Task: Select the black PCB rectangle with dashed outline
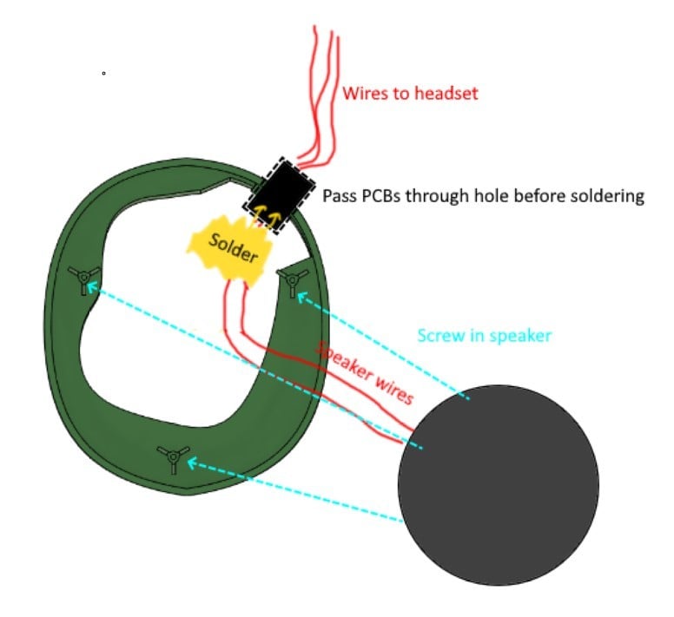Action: [x=279, y=195]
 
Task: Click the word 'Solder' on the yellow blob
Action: [x=234, y=247]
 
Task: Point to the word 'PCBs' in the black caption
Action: [x=381, y=196]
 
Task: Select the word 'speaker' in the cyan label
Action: [x=520, y=336]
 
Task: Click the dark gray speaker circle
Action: [x=499, y=485]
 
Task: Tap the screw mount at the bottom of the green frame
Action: [x=173, y=457]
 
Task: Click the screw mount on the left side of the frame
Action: [x=84, y=279]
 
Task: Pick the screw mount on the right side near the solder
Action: [x=293, y=281]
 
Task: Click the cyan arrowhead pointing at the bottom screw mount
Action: [x=192, y=463]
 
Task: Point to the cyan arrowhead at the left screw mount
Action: [x=92, y=287]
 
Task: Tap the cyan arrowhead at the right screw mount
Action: [x=301, y=297]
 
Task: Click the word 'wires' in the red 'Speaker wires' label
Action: [x=393, y=390]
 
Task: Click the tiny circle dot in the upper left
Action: [x=103, y=74]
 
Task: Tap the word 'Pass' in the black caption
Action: [x=340, y=196]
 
